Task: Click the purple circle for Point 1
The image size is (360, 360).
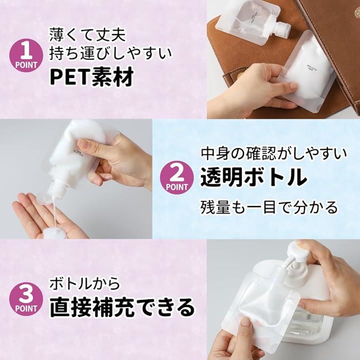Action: point(26,55)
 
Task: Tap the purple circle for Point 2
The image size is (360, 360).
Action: point(177,177)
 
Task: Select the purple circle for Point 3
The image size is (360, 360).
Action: point(26,299)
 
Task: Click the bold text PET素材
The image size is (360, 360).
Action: point(91,76)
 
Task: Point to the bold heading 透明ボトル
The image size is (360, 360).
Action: point(253,177)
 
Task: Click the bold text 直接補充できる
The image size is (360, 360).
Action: point(122,307)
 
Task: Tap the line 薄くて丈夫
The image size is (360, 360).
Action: point(87,34)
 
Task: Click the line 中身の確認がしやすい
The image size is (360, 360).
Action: point(274,154)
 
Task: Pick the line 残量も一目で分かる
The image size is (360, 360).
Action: point(269,207)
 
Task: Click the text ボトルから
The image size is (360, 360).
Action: point(84,283)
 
